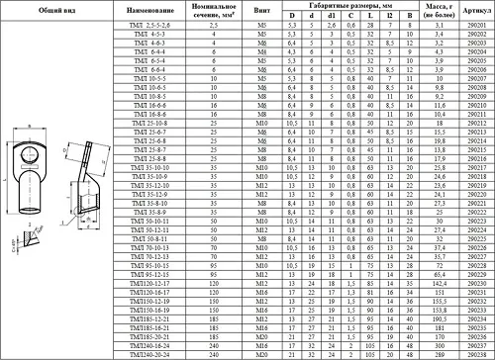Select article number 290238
pos(475,352)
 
